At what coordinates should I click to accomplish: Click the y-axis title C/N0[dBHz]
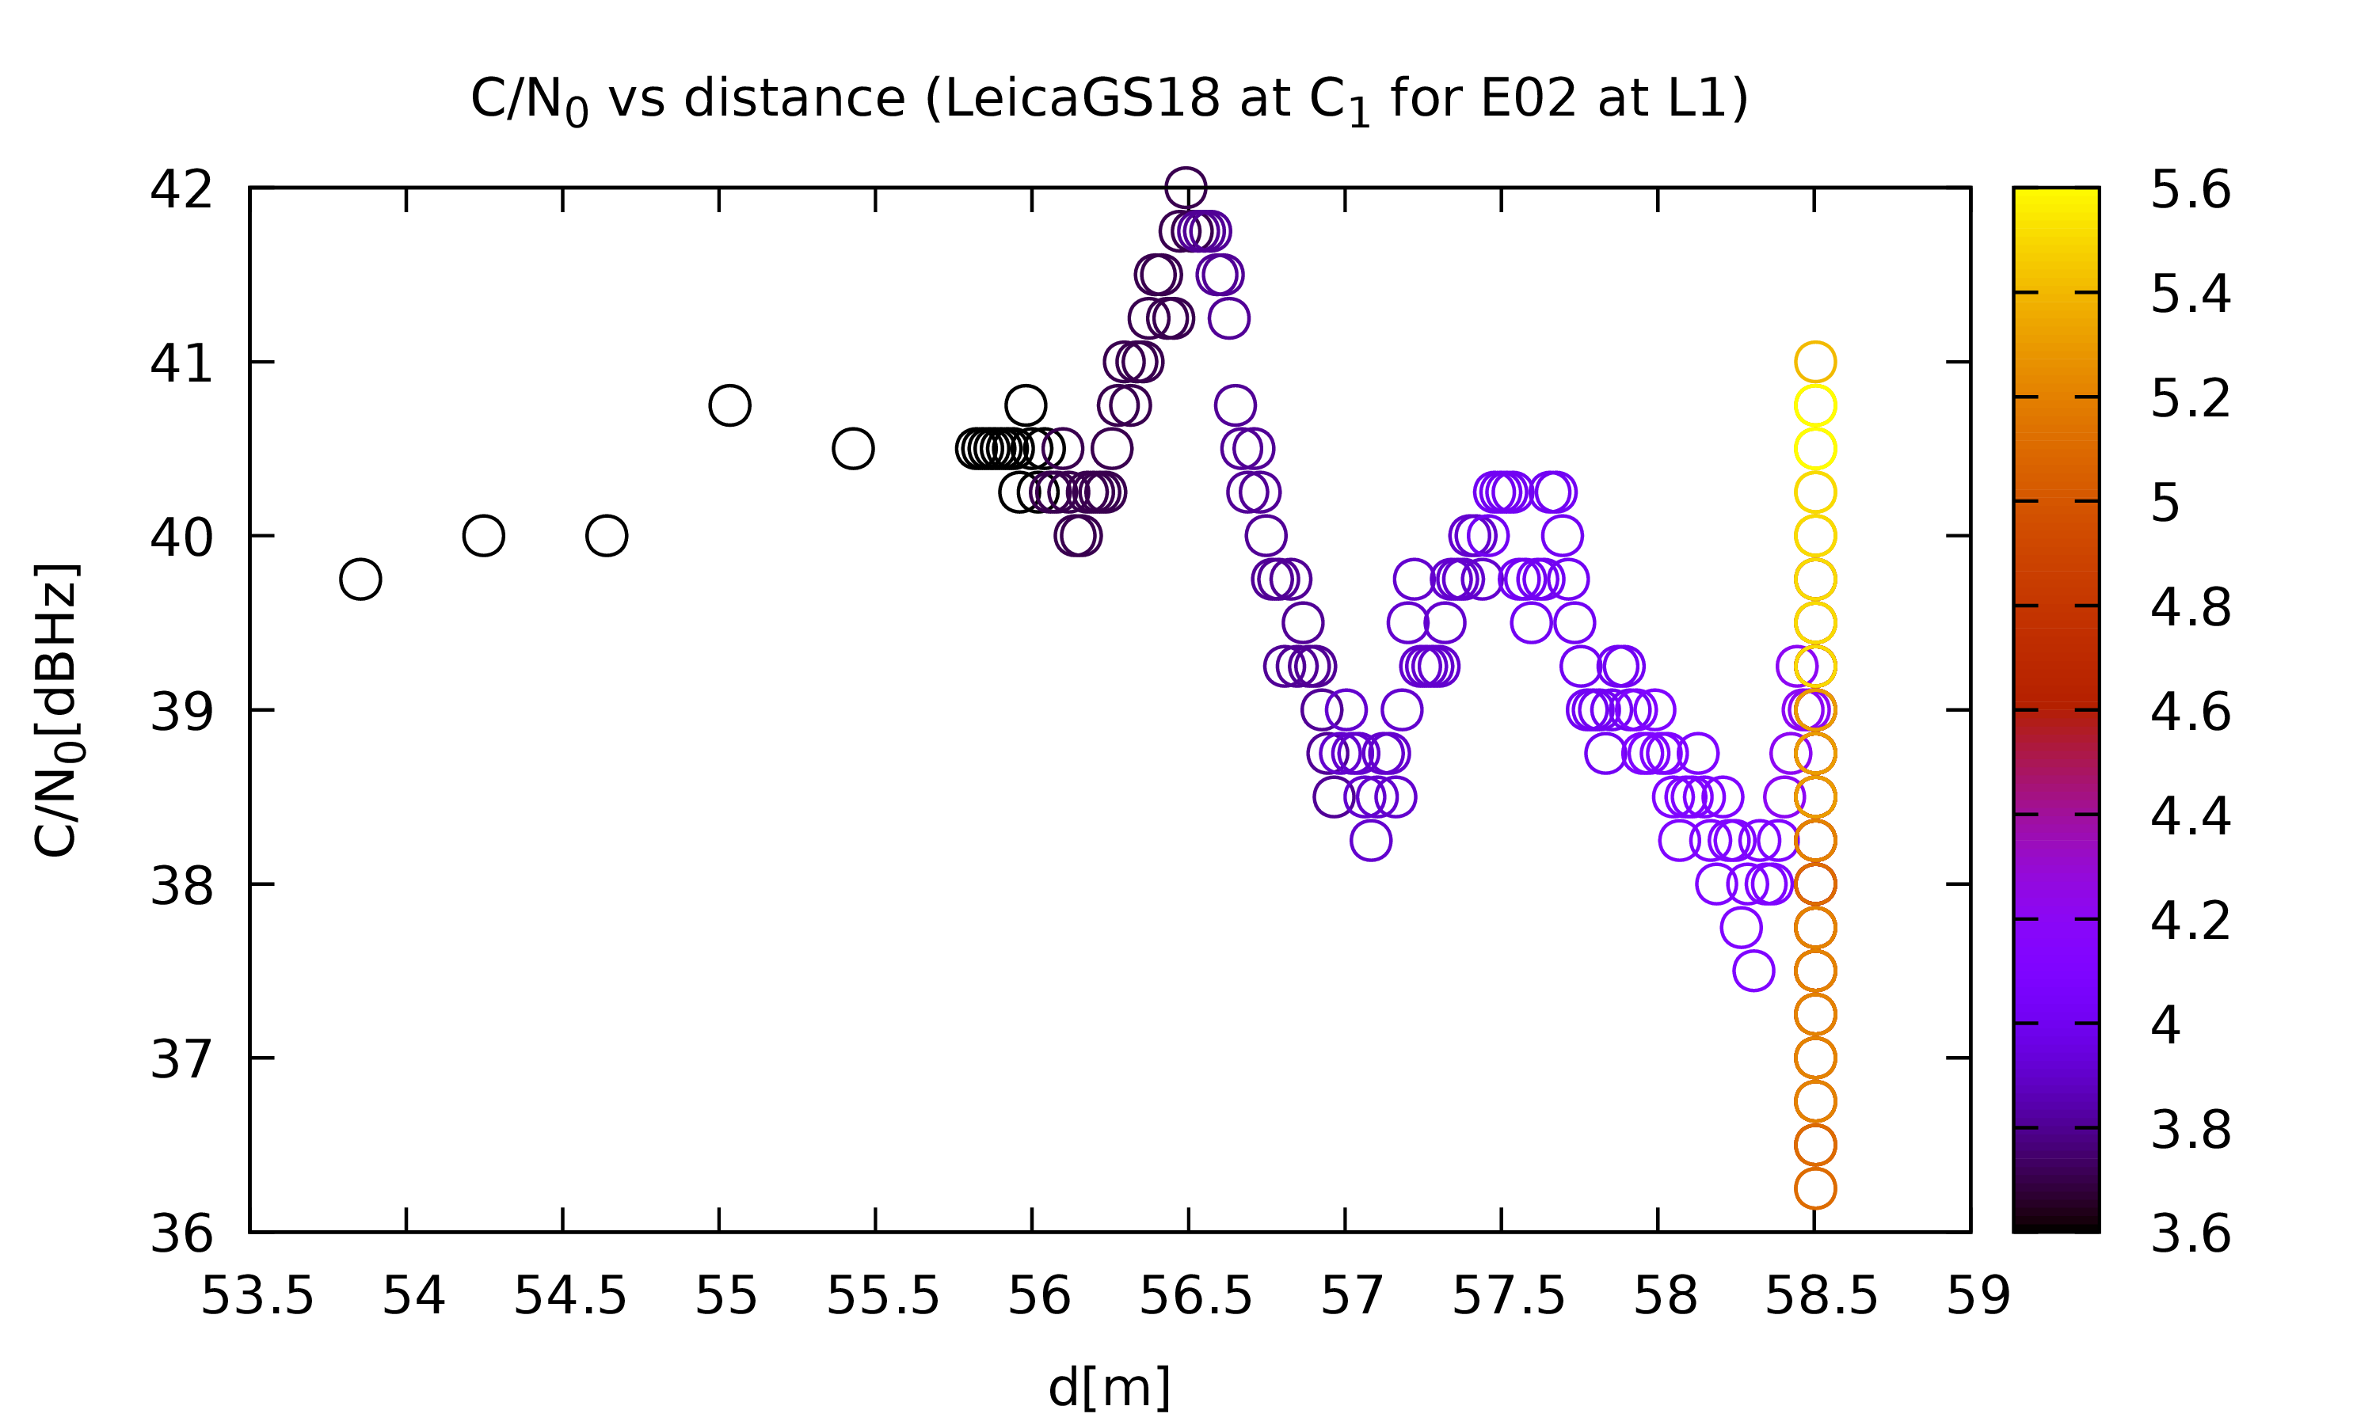point(55,709)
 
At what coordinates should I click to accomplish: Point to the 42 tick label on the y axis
point(181,189)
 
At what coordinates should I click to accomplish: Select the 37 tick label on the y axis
point(181,1059)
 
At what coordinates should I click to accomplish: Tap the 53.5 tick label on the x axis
point(257,1296)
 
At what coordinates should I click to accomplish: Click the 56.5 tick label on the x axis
point(1196,1296)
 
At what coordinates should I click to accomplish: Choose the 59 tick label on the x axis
point(1978,1296)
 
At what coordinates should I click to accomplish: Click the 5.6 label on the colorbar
point(2191,189)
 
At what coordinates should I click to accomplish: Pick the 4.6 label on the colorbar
point(2191,712)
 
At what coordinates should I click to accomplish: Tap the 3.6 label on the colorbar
point(2191,1233)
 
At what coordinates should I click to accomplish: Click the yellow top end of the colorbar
point(2056,192)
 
